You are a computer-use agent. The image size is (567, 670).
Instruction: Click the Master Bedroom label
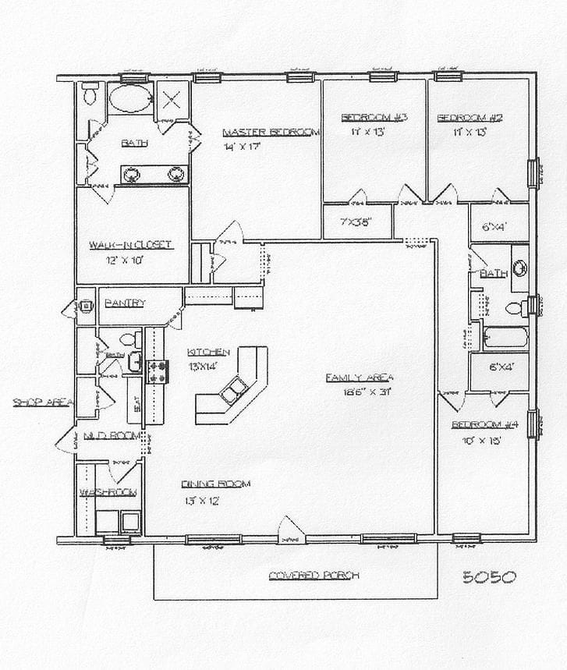point(271,132)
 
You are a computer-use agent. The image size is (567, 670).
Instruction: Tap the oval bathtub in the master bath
point(130,99)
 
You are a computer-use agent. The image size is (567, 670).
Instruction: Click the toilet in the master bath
point(90,94)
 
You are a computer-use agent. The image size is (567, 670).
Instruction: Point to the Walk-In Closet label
point(130,245)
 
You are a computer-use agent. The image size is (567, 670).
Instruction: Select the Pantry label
point(125,303)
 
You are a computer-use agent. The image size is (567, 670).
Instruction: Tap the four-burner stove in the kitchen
point(158,370)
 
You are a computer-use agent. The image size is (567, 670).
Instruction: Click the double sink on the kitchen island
point(233,389)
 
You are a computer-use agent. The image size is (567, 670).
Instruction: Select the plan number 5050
point(489,577)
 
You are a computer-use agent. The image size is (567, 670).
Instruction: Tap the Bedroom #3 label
point(374,118)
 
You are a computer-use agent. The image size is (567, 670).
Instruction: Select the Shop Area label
point(42,402)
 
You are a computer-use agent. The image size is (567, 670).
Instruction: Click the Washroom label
point(108,492)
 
